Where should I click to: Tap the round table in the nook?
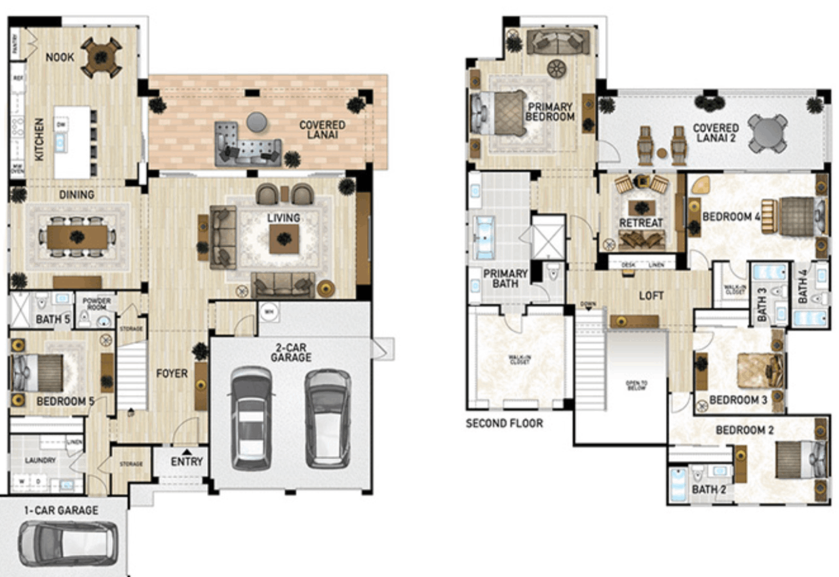(101, 57)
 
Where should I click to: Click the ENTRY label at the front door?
(187, 462)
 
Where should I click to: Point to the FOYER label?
(171, 374)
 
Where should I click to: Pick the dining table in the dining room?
(77, 237)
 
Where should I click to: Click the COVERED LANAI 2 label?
(716, 134)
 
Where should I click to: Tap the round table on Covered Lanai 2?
(768, 133)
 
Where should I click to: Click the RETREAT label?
(640, 223)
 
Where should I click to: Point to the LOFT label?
(652, 296)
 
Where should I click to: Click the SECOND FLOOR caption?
(504, 424)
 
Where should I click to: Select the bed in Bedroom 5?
(38, 373)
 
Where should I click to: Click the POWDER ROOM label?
(96, 304)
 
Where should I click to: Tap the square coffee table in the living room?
(284, 239)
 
